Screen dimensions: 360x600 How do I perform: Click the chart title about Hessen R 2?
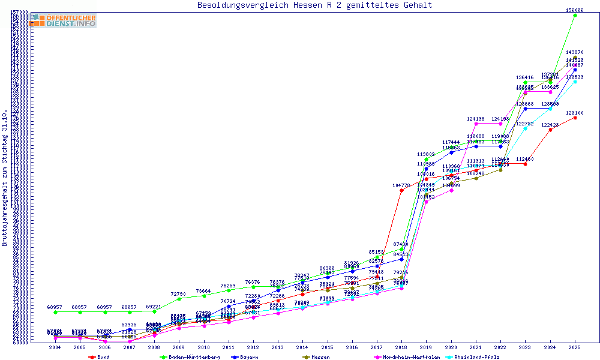(314, 5)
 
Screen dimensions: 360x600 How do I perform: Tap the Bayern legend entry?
(248, 357)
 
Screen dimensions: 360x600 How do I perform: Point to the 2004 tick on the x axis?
(55, 347)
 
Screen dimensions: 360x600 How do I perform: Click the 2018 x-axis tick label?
(401, 347)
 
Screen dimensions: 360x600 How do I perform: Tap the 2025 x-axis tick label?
(575, 347)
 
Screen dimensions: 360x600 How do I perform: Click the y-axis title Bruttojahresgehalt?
(5, 178)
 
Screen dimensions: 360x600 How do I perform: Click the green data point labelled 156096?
(575, 15)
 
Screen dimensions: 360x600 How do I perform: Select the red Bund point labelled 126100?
(575, 118)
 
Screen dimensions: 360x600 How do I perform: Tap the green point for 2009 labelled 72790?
(178, 299)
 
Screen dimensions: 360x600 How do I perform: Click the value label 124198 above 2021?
(476, 119)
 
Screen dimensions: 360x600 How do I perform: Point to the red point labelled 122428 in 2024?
(550, 130)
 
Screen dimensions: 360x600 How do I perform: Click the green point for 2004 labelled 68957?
(55, 312)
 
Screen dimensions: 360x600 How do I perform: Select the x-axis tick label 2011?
(228, 347)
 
